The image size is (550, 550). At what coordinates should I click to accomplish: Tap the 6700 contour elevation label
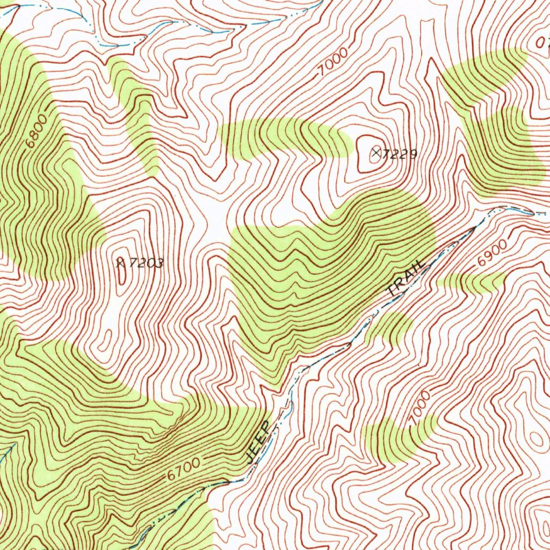(x=183, y=469)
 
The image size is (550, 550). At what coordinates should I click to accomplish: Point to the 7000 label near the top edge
(x=332, y=62)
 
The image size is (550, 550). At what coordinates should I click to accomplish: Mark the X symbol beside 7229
(x=377, y=154)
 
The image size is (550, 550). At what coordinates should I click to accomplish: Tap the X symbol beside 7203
(x=121, y=263)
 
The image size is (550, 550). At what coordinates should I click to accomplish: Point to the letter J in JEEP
(x=251, y=458)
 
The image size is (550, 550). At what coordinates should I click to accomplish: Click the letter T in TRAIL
(x=394, y=292)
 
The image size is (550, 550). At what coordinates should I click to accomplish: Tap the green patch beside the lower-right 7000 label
(x=395, y=438)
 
